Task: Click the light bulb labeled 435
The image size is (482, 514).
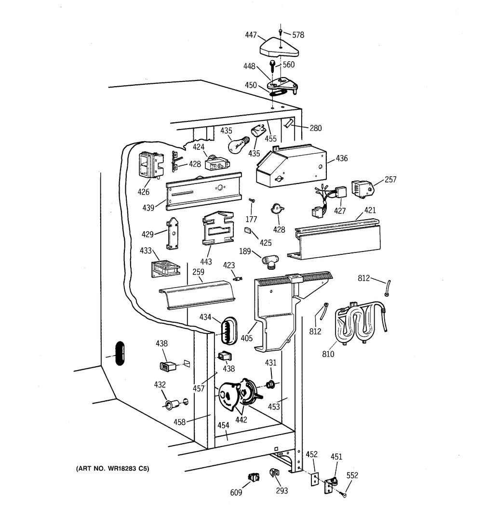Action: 237,144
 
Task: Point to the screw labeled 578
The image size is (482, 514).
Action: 281,33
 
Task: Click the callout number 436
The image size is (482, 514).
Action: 342,158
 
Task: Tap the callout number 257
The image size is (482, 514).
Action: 390,180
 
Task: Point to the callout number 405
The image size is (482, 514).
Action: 247,338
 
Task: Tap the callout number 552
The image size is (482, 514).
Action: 352,475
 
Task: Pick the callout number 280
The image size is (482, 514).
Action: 316,128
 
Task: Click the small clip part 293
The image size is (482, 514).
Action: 274,474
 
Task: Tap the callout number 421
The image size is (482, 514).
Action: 370,210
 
